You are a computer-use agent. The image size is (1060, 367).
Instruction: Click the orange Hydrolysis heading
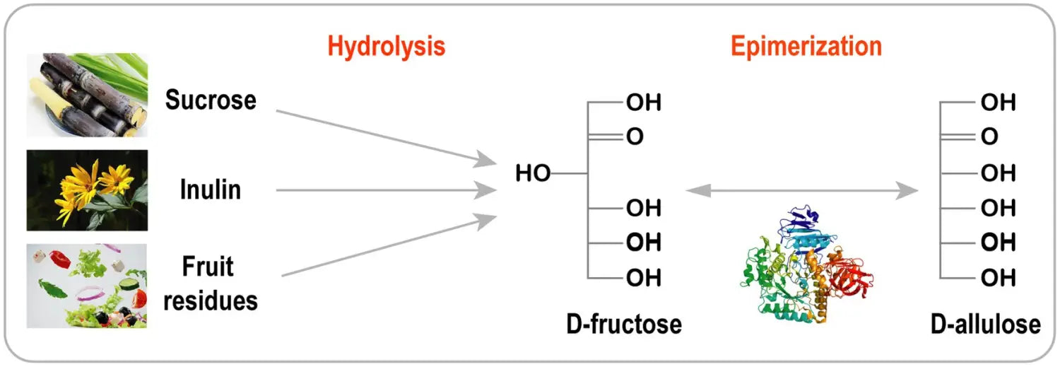click(x=386, y=47)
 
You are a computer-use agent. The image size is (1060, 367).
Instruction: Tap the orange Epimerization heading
click(x=806, y=47)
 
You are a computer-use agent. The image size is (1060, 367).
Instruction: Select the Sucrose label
click(x=211, y=100)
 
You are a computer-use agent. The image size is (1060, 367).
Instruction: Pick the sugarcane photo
click(x=87, y=95)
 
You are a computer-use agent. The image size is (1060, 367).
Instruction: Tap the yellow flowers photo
click(x=87, y=190)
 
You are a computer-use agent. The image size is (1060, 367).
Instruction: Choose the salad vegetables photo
click(x=87, y=285)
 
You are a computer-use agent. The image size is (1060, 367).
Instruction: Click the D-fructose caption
click(x=624, y=324)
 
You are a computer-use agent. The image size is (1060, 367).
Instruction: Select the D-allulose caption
click(x=985, y=324)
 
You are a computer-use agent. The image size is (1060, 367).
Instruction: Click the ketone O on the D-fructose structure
click(x=635, y=137)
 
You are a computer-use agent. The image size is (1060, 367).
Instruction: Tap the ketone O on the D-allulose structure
click(x=989, y=137)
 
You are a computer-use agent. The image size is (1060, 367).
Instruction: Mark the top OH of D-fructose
click(x=643, y=103)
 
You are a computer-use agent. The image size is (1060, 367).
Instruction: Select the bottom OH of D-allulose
click(x=999, y=278)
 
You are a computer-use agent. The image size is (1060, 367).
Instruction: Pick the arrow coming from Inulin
click(x=385, y=190)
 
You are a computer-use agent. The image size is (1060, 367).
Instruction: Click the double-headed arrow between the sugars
click(x=801, y=190)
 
